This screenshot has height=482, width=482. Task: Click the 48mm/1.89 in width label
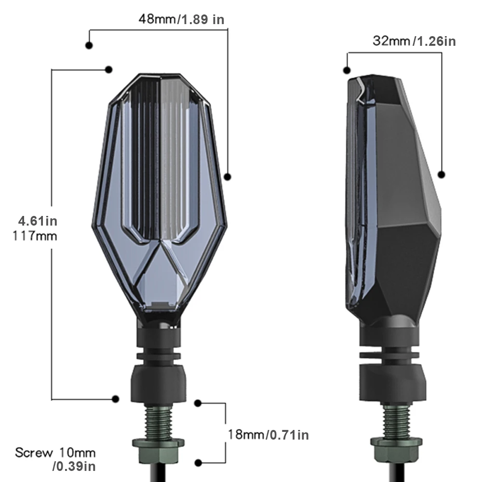181,19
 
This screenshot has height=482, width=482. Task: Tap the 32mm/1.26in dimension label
414,41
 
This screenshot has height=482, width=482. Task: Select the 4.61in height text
38,221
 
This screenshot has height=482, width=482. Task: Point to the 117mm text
35,236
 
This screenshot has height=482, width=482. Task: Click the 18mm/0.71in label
268,435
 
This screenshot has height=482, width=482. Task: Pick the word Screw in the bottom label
34,453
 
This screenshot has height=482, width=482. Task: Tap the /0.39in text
74,466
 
